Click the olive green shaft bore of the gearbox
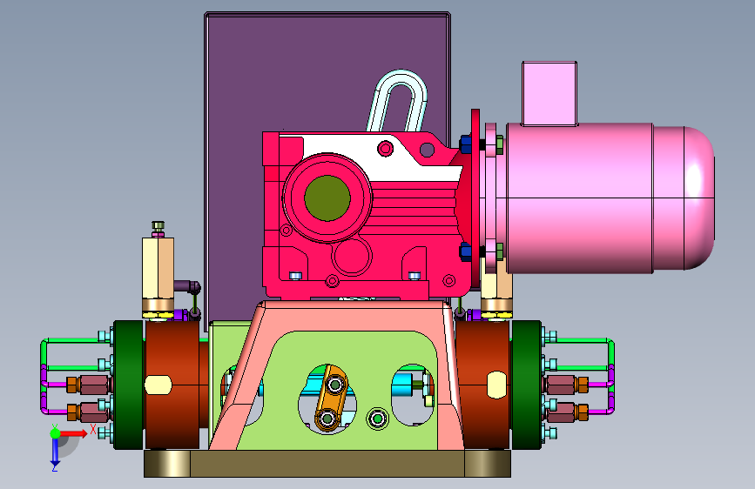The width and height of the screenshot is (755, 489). pos(327,198)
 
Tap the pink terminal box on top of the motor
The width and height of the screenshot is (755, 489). pos(549,93)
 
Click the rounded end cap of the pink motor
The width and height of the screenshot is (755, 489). pos(699,198)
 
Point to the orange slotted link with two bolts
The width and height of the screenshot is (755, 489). pos(331,398)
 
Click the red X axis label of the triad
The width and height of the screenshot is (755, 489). pos(93,429)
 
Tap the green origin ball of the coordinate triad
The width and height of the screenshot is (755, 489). pos(55,433)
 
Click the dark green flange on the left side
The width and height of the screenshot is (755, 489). pos(129,385)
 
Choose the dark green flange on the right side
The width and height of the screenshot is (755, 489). pos(526,385)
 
